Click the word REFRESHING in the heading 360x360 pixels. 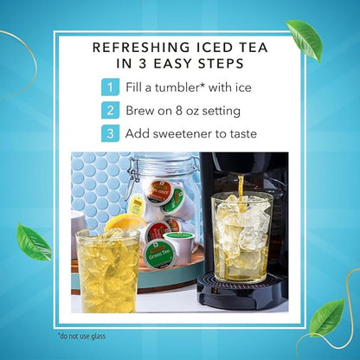click(x=142, y=48)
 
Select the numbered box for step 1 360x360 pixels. click(x=110, y=87)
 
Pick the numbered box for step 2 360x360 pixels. click(x=110, y=111)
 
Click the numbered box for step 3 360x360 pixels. click(x=110, y=133)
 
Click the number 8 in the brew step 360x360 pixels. click(x=178, y=111)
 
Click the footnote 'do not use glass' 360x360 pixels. click(x=81, y=336)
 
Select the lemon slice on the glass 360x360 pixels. click(x=125, y=222)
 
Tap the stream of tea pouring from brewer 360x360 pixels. click(x=241, y=193)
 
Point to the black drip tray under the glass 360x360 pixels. click(x=242, y=291)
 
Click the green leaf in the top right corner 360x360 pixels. click(x=305, y=38)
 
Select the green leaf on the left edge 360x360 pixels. click(x=33, y=242)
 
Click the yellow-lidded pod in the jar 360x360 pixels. click(x=137, y=205)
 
